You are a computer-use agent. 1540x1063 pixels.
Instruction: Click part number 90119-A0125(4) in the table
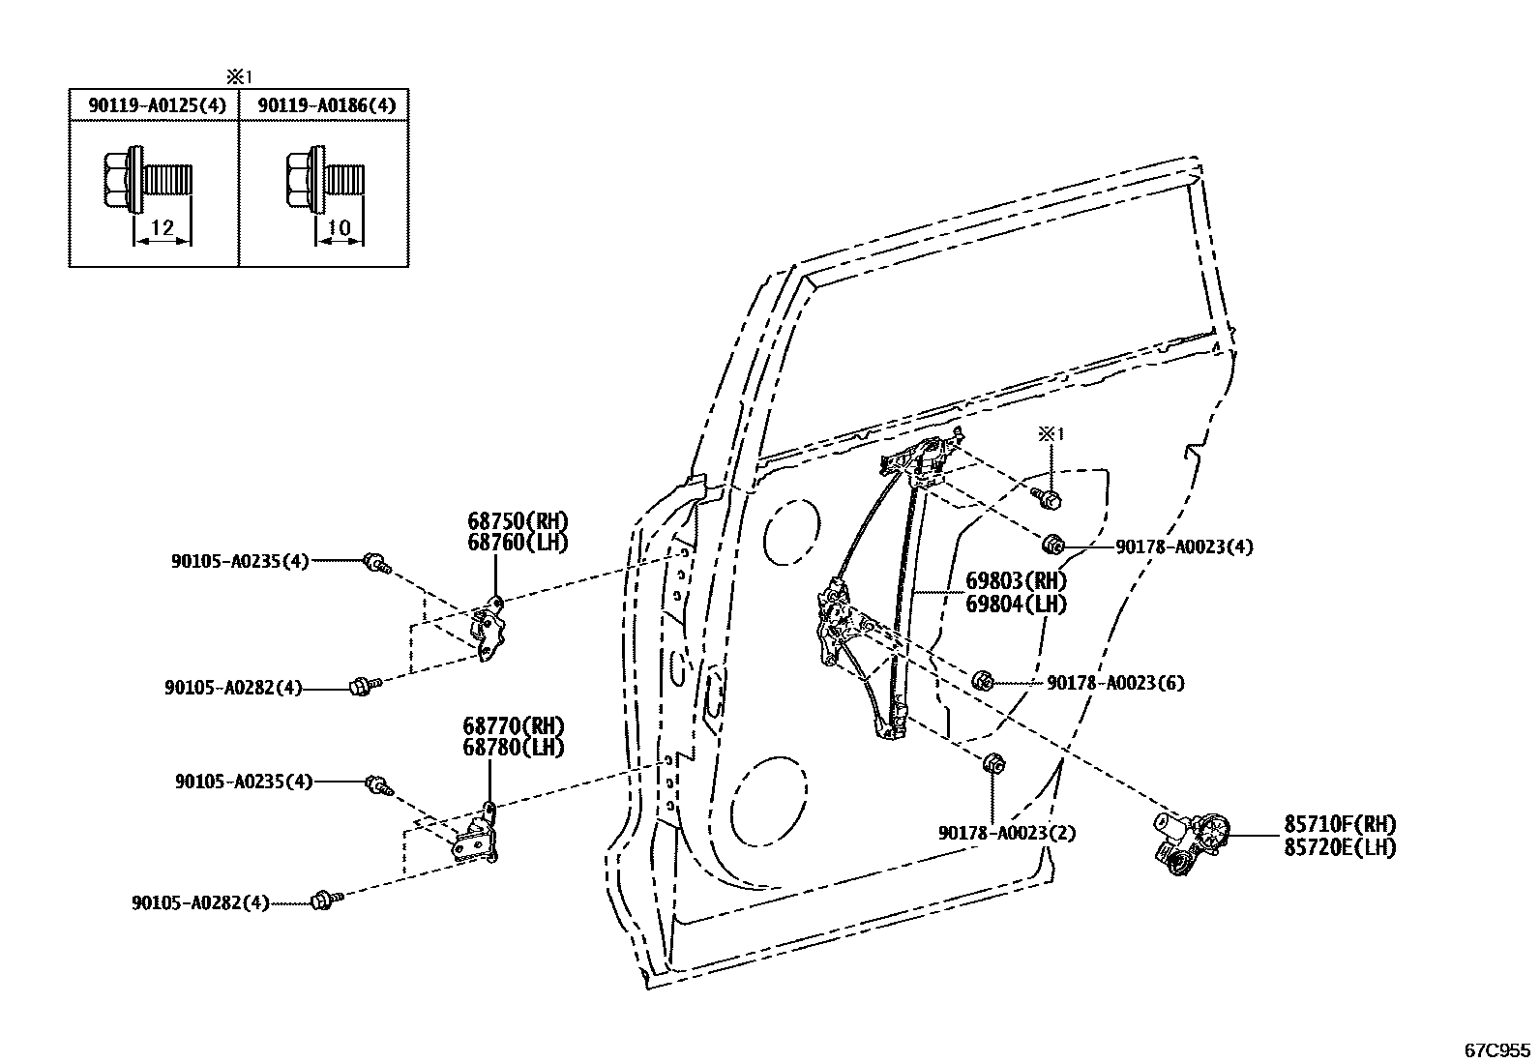157,105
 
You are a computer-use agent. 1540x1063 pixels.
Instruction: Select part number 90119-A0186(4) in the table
326,105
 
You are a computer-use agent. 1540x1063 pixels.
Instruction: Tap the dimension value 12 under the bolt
163,228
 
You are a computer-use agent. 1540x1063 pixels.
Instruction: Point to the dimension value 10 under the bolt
340,228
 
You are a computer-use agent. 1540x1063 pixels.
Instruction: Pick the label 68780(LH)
513,747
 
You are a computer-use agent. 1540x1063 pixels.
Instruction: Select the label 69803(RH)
1016,581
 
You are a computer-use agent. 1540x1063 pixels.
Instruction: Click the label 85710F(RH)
1340,825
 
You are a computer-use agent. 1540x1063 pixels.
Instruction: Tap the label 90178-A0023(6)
1115,683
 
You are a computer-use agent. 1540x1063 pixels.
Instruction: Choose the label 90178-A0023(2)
1007,833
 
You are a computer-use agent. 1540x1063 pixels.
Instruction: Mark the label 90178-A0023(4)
1184,546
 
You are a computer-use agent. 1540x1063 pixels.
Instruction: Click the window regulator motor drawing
1189,840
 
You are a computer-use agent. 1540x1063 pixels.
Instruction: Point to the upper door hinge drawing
491,629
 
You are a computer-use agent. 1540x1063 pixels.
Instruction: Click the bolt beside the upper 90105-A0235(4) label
375,562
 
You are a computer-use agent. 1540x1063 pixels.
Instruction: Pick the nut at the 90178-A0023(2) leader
992,763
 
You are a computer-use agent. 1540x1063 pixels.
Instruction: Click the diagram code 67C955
1496,1048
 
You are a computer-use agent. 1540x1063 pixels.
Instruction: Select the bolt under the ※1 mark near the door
1047,499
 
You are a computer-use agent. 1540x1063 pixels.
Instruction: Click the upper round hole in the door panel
792,533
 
